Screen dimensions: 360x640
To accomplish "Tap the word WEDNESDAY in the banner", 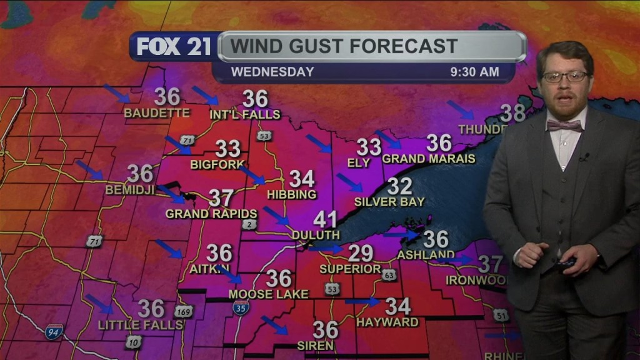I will (272, 72).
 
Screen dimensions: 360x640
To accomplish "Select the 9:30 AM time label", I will (474, 72).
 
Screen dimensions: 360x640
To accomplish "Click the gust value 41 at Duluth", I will (325, 219).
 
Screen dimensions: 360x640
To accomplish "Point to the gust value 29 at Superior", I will (361, 253).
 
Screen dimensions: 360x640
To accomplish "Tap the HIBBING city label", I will (292, 195).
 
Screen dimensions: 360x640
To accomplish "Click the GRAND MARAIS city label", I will (429, 159).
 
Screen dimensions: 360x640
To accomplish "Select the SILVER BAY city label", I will (389, 202).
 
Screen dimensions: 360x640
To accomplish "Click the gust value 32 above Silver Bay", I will (399, 186).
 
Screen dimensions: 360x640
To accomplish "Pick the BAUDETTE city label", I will (156, 113).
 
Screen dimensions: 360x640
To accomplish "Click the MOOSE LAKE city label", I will (268, 294).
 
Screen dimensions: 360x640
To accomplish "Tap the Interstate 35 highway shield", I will (241, 307).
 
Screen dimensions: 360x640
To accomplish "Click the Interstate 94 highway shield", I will (54, 331).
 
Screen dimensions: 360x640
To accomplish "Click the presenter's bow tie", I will (564, 126).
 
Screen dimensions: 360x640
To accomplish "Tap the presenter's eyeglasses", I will (564, 77).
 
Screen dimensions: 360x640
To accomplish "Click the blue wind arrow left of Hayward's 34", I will (362, 302).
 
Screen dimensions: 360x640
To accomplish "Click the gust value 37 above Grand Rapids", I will (221, 198).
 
